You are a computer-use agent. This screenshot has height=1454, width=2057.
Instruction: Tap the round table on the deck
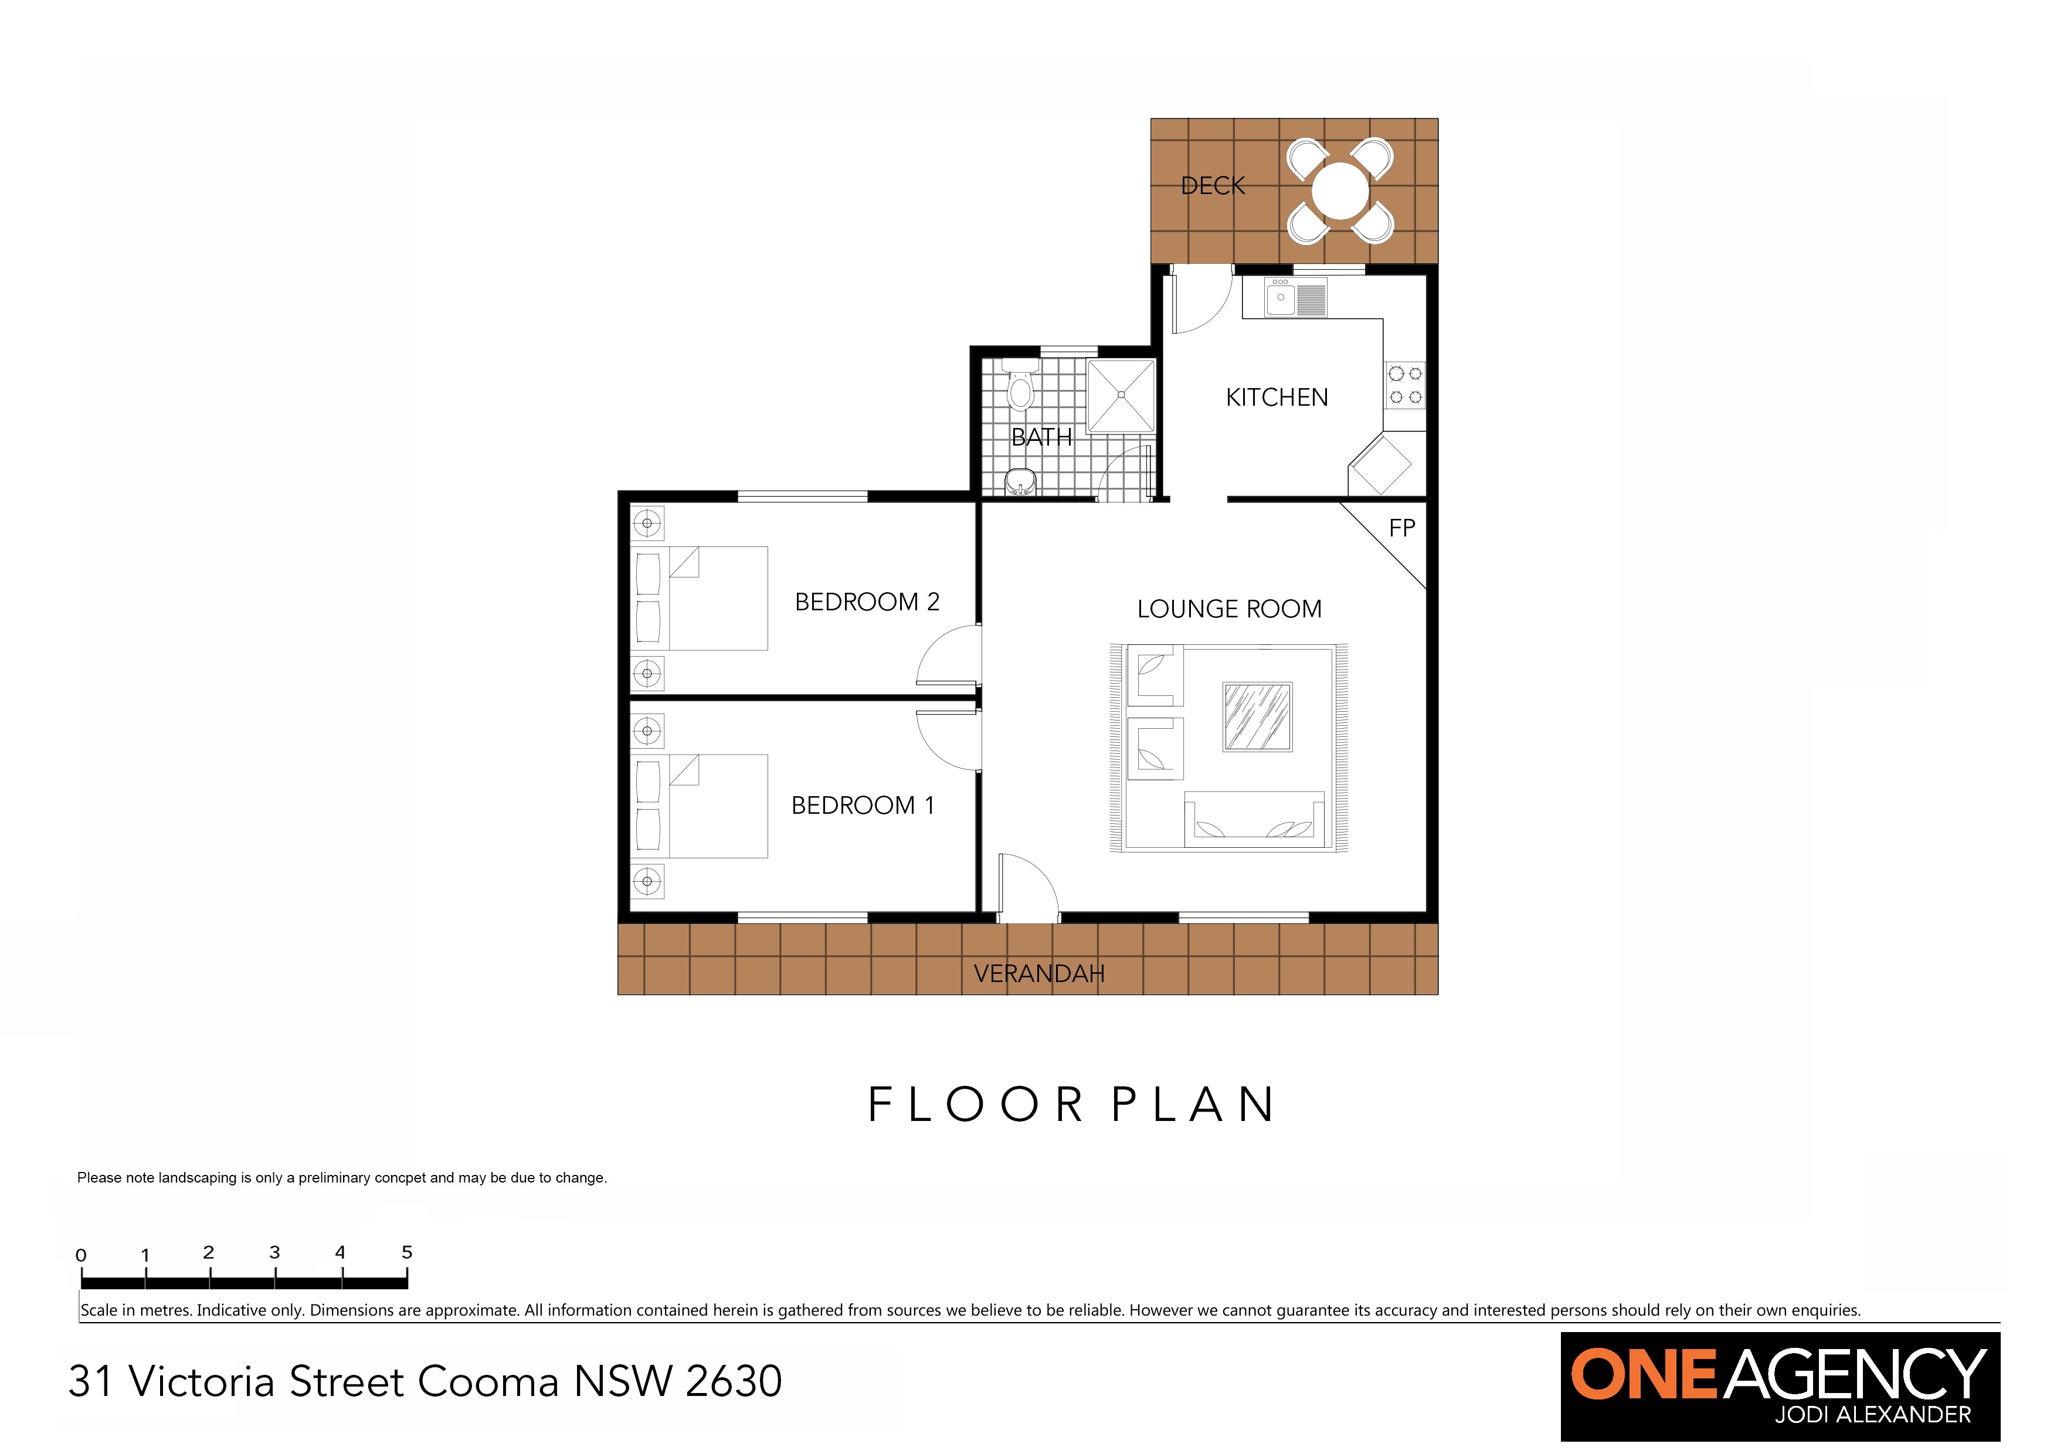tap(1340, 191)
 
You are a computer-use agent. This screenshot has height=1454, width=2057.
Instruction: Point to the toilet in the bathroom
tap(1020, 386)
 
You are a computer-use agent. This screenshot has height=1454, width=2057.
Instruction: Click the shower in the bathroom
tap(1121, 395)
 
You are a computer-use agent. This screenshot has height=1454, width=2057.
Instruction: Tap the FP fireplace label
tap(1402, 529)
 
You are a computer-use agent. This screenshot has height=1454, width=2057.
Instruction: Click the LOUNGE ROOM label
tap(1229, 609)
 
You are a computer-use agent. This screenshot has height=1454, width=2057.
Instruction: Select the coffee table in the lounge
tap(1257, 716)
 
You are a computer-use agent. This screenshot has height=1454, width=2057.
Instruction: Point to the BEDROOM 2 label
tap(866, 602)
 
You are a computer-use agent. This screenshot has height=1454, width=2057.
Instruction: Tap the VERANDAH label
tap(1038, 974)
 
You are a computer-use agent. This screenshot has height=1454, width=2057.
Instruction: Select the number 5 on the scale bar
tap(407, 1252)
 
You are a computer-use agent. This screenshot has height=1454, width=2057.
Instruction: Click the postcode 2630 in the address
tap(734, 1381)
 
